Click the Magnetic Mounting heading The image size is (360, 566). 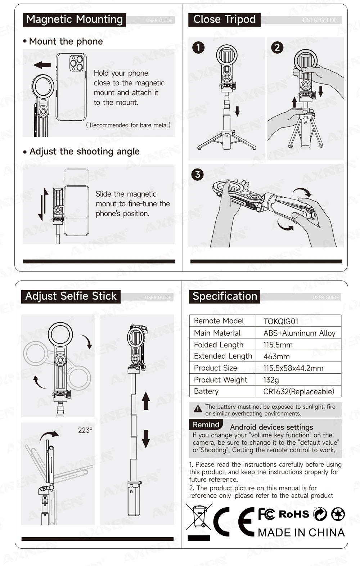[x=75, y=19]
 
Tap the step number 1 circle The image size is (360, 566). [x=198, y=48]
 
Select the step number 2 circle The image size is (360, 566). [x=277, y=48]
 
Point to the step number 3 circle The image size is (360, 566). [x=198, y=175]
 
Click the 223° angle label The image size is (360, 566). [x=85, y=430]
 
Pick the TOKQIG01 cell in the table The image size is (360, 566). [x=281, y=321]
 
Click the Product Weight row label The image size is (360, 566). [x=220, y=380]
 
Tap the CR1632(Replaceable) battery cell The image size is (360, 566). [x=298, y=391]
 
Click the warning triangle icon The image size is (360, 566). [x=198, y=409]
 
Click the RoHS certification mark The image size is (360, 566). [x=294, y=514]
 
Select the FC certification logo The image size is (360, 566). [x=266, y=514]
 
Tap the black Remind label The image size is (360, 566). [x=206, y=425]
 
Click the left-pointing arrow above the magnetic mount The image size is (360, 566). [x=42, y=65]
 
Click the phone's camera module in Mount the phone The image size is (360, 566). [x=77, y=63]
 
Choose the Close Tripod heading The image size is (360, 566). [x=224, y=19]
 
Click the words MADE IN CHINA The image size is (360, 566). [x=301, y=533]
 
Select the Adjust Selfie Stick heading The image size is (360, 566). [x=71, y=296]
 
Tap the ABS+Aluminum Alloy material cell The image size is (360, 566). [x=299, y=333]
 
